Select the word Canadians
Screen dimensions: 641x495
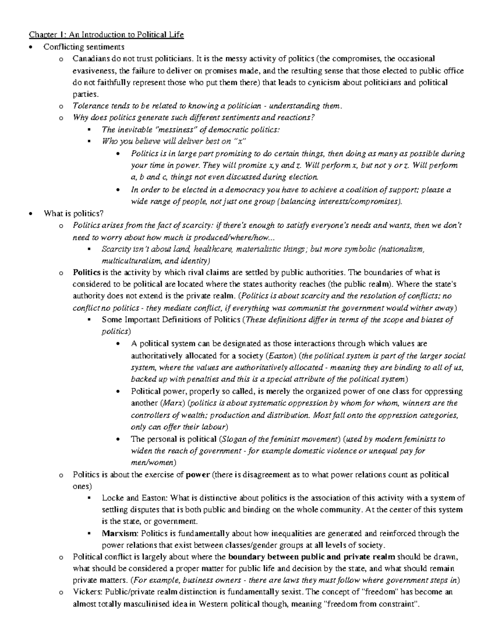coord(89,59)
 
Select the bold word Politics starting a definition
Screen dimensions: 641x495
coord(86,272)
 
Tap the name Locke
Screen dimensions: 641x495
coord(112,498)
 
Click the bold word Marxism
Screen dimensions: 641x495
coord(120,534)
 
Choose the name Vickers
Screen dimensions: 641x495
coord(87,593)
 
